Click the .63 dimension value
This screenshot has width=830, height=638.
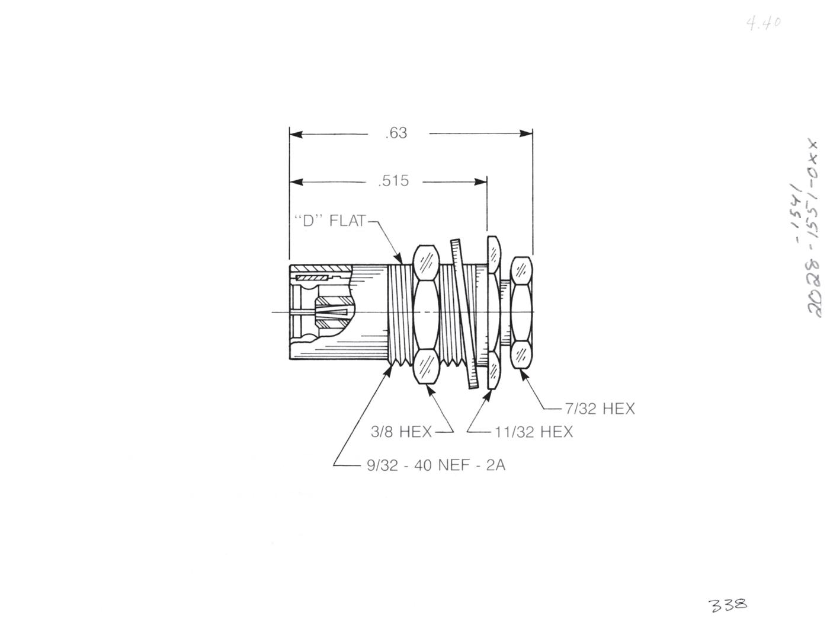tap(396, 133)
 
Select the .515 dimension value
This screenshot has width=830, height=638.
tap(393, 181)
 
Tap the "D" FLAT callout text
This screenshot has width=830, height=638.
tap(330, 221)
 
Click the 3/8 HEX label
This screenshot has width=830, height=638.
tap(401, 432)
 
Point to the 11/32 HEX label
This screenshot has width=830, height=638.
tap(534, 432)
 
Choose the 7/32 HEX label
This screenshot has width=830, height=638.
tap(600, 409)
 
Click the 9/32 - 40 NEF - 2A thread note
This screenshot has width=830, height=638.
tap(436, 465)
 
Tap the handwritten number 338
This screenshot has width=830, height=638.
tap(728, 605)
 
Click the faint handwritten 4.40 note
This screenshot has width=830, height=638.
tap(764, 23)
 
